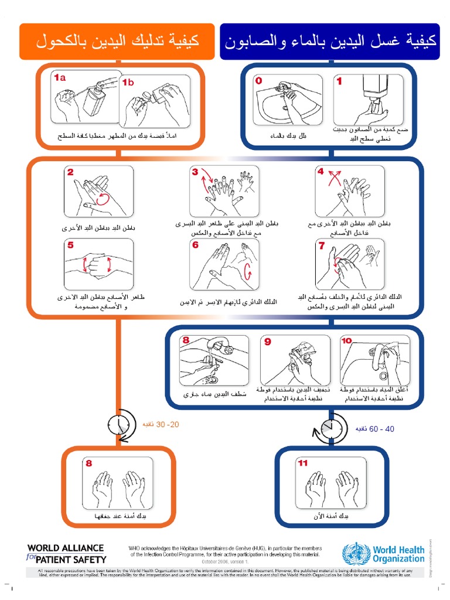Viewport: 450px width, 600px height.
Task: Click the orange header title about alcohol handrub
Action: [117, 42]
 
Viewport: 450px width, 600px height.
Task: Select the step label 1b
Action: [128, 83]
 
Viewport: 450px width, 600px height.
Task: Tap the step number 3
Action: [195, 172]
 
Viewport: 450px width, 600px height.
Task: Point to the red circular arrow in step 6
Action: [247, 272]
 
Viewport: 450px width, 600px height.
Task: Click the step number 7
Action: [321, 246]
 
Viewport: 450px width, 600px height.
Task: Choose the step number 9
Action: [267, 341]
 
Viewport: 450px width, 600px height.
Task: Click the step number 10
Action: [347, 340]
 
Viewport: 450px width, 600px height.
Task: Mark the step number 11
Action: [303, 463]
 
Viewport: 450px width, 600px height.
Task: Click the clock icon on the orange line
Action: [120, 423]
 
